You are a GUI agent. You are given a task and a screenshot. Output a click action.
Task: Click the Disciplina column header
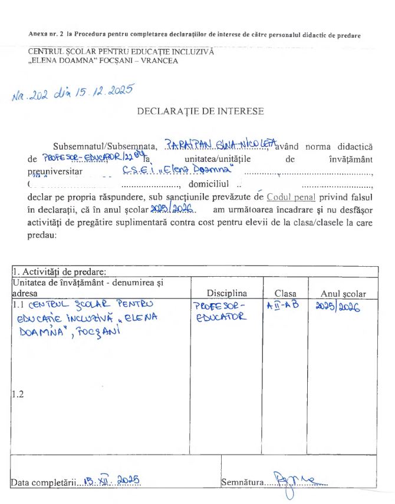[x=226, y=293]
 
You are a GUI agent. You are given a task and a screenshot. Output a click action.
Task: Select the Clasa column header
[x=285, y=293]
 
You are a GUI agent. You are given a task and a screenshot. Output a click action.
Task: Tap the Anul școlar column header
[x=343, y=293]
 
